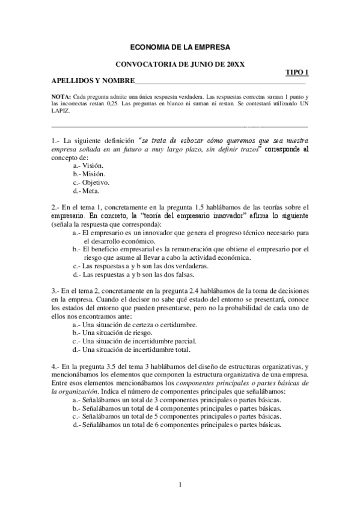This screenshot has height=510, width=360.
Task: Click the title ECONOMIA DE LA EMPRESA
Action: tap(180, 46)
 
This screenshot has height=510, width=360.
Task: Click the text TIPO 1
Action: tap(297, 73)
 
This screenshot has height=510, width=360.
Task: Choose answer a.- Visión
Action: tap(88, 165)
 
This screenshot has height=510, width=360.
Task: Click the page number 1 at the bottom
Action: tap(180, 485)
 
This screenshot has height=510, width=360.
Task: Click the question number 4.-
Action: tap(55, 366)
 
